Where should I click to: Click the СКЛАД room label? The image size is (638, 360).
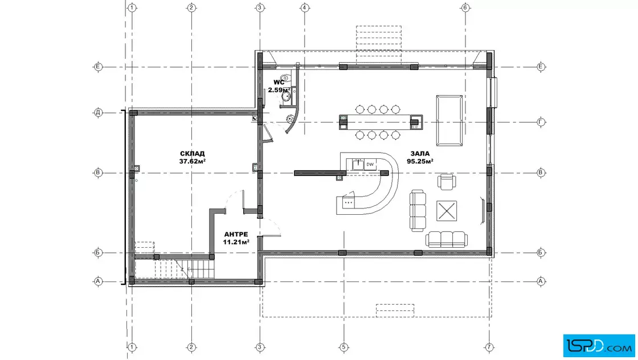point(192,153)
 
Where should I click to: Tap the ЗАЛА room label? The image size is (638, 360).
point(420,153)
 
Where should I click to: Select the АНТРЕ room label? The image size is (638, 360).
point(236,234)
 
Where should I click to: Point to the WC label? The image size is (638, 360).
point(279,82)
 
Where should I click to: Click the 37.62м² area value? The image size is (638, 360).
point(192,161)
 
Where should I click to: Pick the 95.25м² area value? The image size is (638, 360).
point(420,161)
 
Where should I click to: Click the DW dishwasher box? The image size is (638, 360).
point(370,165)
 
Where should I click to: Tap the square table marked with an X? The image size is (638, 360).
point(447,211)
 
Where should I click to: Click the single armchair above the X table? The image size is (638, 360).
point(447,181)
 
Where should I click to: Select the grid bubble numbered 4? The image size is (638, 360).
point(305,7)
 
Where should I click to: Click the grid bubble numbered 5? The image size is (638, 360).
point(344,347)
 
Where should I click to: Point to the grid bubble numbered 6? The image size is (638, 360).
point(465,7)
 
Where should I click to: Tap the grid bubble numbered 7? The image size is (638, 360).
point(489,347)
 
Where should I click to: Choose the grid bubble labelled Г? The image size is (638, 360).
point(541,122)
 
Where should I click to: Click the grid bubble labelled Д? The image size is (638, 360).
point(98,113)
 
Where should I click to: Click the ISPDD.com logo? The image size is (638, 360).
point(599,346)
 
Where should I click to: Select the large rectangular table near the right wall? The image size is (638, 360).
point(449,120)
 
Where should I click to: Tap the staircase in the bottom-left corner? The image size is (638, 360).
point(175,268)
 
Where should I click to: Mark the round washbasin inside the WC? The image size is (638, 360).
point(287,96)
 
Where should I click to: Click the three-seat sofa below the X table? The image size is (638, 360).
point(447,239)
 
